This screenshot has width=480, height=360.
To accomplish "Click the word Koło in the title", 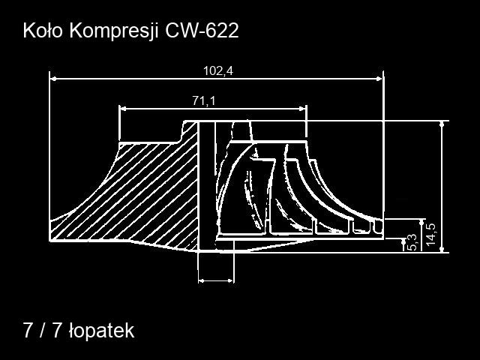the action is point(42,31).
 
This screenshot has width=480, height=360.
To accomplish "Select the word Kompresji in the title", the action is point(114,31).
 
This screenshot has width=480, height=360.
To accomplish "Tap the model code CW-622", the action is point(202,31).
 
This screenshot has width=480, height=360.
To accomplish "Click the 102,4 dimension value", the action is point(218,71).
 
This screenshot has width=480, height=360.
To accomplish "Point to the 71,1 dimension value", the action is point(204,100).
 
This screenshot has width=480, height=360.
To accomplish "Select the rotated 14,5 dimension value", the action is point(430,234).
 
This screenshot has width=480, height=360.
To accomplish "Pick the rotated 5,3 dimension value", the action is point(412,242).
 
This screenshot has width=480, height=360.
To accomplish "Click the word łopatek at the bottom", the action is point(102,331).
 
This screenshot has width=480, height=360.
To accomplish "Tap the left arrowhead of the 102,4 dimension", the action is point(53,79).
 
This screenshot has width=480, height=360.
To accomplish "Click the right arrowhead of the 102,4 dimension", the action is point(379,79).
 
